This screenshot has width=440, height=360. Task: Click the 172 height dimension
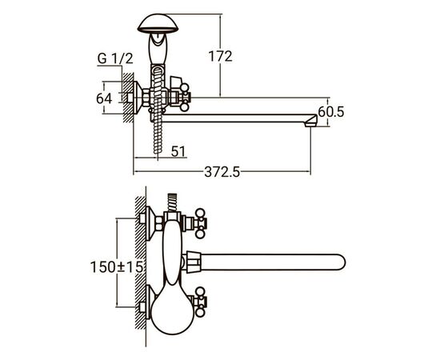[220, 56]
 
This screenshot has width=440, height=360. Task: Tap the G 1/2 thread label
[115, 58]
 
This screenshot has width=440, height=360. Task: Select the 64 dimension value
[104, 98]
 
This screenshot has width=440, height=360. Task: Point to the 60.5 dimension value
[331, 112]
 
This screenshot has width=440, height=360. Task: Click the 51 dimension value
[178, 152]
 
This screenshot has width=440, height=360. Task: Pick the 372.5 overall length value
[222, 172]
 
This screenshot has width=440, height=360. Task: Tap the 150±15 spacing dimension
[117, 267]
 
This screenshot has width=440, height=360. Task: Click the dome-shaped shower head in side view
[158, 23]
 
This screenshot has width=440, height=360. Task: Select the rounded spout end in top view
[339, 262]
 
